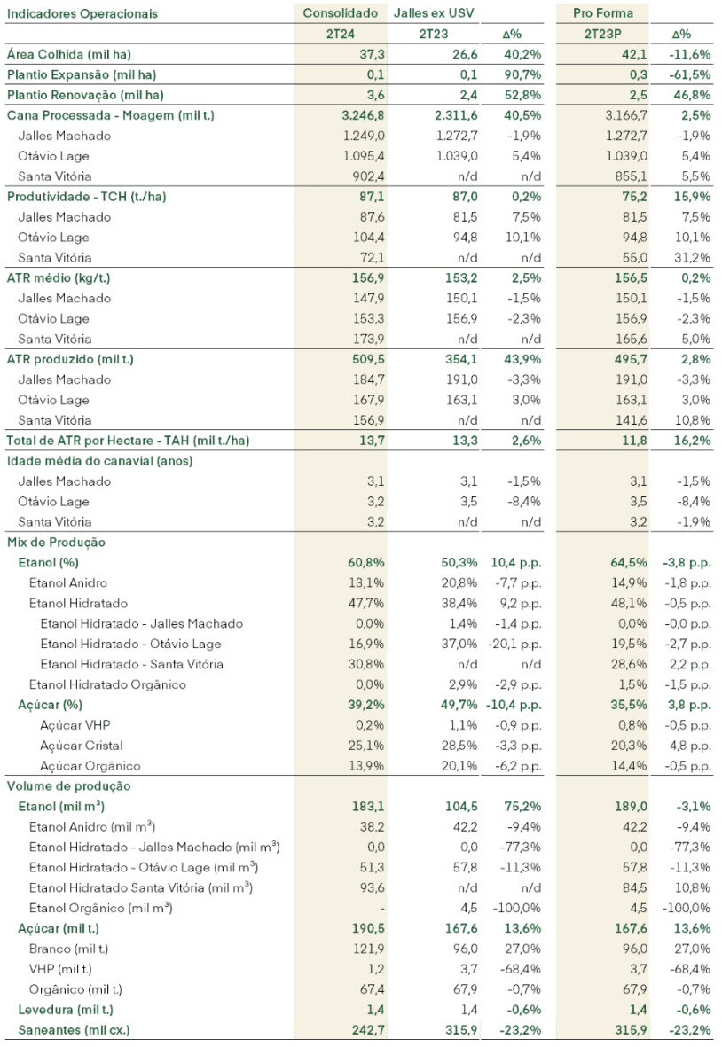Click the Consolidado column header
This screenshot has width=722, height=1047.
(340, 13)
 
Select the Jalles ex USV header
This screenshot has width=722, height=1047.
(434, 13)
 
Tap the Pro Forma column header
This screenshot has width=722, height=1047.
(602, 13)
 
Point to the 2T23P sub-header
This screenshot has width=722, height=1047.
(603, 34)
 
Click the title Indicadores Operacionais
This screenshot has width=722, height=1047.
(82, 13)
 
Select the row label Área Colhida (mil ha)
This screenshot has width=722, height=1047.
(69, 55)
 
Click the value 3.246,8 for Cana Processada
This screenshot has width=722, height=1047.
(363, 115)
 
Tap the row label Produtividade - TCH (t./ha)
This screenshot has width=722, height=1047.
(86, 197)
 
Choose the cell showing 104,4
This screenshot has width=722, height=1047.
(369, 238)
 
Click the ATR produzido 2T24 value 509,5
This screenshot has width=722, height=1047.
(369, 359)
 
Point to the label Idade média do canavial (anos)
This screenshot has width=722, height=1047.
(99, 461)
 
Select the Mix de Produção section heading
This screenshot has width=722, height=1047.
(56, 543)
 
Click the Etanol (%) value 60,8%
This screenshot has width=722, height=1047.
(366, 563)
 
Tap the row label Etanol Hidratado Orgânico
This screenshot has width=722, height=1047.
(107, 684)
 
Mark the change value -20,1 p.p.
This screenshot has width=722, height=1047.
(518, 644)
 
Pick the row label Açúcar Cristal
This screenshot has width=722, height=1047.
(82, 746)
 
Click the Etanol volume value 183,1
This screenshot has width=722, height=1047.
(369, 807)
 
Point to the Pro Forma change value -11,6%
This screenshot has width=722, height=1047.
(690, 55)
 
